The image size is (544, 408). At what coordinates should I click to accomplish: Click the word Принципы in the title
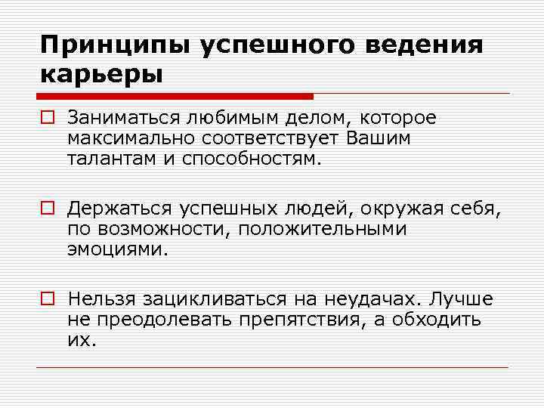click(x=115, y=46)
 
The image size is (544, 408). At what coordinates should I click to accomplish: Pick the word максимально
click(x=128, y=138)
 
